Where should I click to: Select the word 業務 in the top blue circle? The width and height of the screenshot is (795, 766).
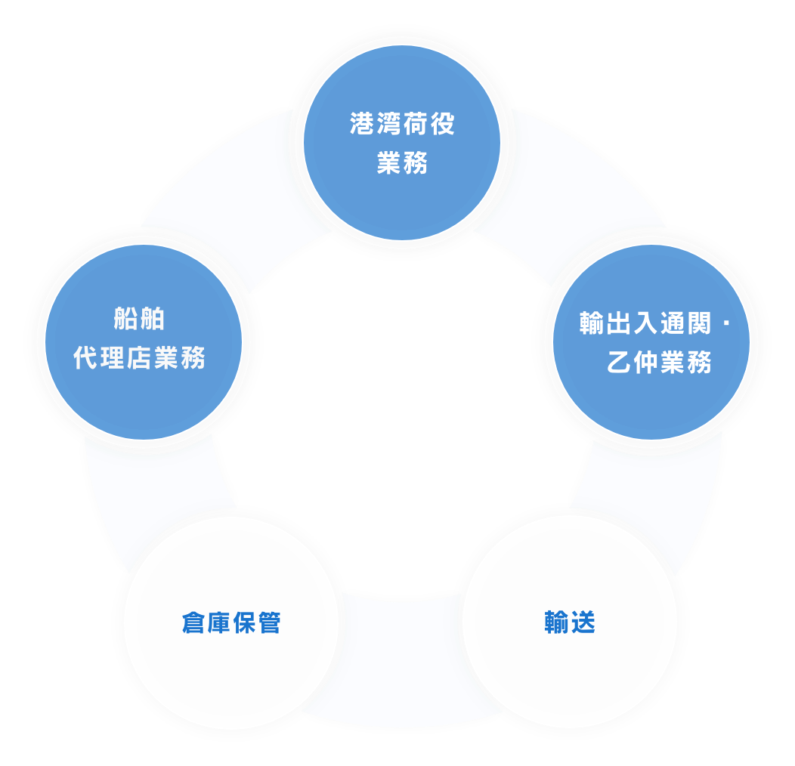click(x=402, y=162)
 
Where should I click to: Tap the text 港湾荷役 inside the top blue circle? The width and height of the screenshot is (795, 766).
click(x=402, y=124)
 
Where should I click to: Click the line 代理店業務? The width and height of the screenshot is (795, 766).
click(x=139, y=358)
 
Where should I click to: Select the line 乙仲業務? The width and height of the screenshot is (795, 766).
click(x=659, y=363)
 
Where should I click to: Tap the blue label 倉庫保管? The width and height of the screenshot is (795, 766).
click(x=231, y=623)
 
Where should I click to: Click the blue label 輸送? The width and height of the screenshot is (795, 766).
click(x=570, y=622)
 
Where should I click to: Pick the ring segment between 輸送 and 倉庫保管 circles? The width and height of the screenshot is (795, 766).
click(x=401, y=665)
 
